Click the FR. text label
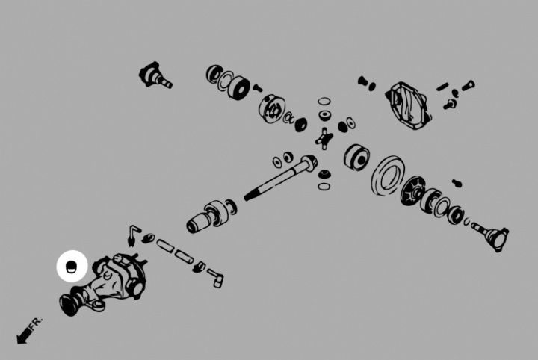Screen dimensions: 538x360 point(37,323)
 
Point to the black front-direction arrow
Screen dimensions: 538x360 point(24,335)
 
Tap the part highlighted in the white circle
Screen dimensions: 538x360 point(71,267)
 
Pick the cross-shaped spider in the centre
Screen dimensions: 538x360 point(324,139)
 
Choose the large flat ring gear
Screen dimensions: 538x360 point(388,176)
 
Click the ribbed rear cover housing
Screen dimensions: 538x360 point(408,105)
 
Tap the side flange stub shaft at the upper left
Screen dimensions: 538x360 point(155,76)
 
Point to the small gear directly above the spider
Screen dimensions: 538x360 point(324,115)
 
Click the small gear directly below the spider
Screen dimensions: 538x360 point(324,174)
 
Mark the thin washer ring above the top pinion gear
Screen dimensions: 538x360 point(324,101)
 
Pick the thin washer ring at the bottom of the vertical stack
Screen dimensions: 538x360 point(324,187)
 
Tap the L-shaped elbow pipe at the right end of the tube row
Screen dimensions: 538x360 point(215,277)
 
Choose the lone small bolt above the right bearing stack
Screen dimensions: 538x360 point(457,183)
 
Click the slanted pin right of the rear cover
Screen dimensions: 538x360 point(442,87)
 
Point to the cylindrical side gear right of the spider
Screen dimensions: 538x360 point(357,156)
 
